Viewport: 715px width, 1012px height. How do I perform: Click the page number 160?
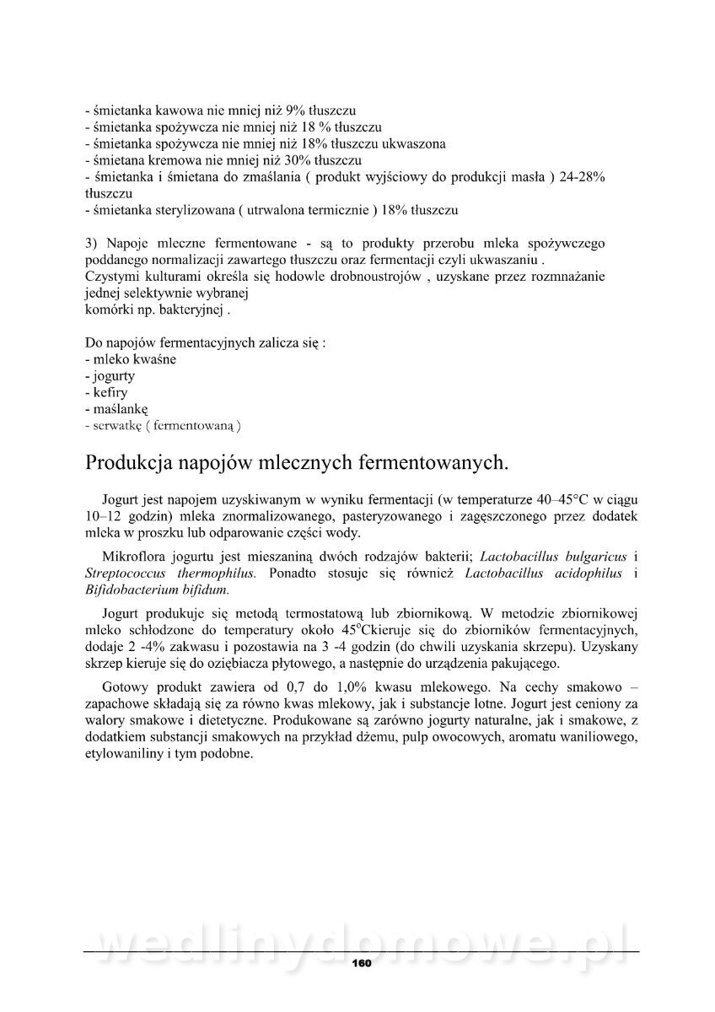click(361, 963)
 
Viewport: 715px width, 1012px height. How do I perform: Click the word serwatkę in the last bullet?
click(117, 426)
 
